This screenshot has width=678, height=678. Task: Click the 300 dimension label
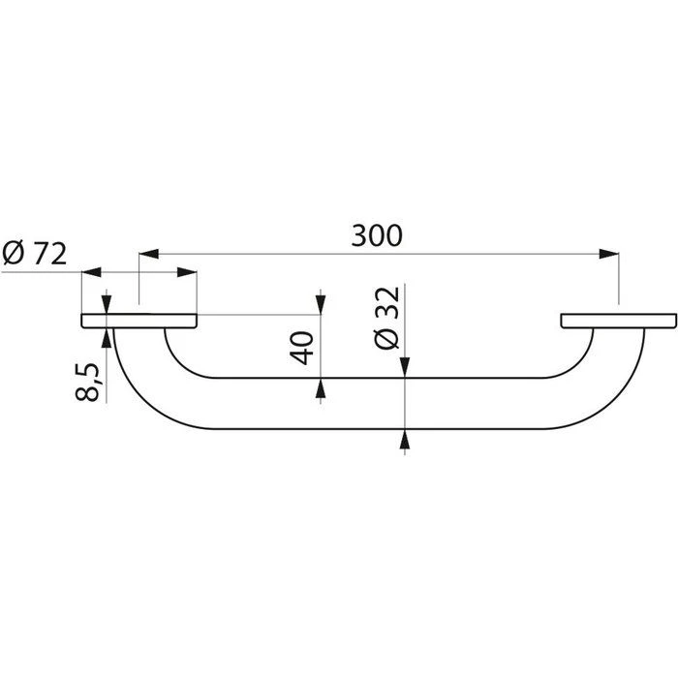(379, 235)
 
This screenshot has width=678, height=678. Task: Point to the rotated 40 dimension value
(302, 347)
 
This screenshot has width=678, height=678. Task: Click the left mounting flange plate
(139, 321)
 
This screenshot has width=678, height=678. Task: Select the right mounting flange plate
(615, 321)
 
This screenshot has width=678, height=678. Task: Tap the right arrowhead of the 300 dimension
(609, 255)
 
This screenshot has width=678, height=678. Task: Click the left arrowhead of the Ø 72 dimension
(91, 273)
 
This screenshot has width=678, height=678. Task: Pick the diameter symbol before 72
(14, 254)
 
